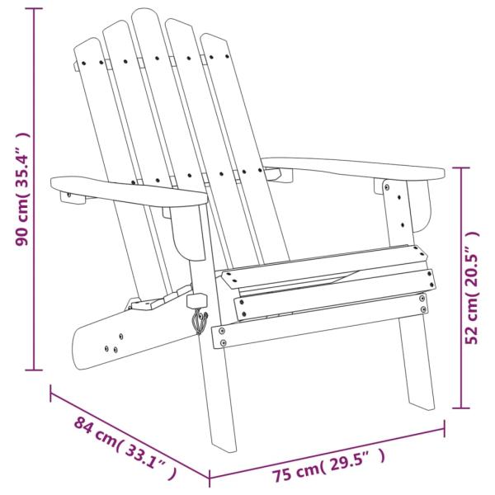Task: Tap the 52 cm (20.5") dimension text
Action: [473, 286]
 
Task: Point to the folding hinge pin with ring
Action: [198, 317]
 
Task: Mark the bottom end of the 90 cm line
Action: [34, 370]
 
